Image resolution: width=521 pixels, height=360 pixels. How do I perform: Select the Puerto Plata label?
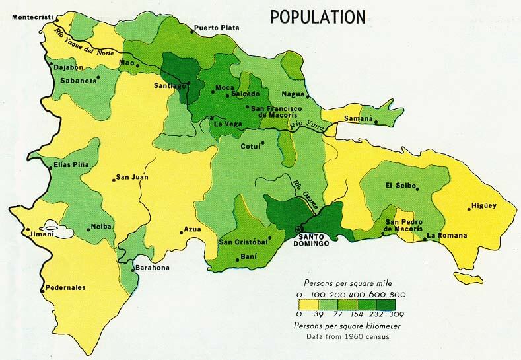(x=215, y=28)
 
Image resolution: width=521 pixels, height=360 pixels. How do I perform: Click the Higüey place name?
(x=483, y=206)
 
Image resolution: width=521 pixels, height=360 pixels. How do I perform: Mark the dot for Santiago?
(x=188, y=83)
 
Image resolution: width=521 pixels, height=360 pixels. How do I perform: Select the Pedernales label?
(x=65, y=287)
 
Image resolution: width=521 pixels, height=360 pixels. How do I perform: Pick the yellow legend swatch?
(x=309, y=305)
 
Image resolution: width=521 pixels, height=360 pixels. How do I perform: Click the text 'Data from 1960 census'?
(x=348, y=337)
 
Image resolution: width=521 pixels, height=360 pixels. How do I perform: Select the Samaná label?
(x=357, y=120)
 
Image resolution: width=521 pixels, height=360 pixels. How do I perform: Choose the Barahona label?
(x=152, y=268)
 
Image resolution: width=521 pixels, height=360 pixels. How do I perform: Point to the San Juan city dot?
(x=112, y=178)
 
